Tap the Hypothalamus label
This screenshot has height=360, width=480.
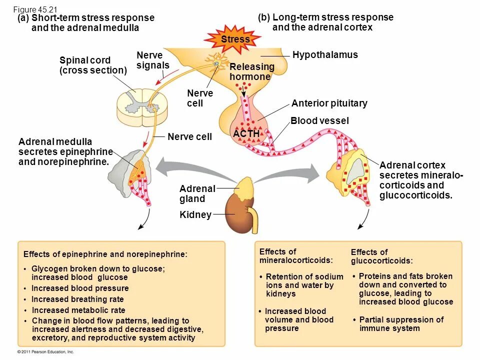[325, 55]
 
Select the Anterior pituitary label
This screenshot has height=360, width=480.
[329, 103]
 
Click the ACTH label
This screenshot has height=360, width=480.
[246, 134]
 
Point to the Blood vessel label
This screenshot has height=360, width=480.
[319, 121]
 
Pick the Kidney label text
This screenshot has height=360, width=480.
[195, 215]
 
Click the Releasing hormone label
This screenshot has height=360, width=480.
[252, 72]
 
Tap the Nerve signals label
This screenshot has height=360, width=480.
[153, 60]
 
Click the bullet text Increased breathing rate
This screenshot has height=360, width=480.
[77, 299]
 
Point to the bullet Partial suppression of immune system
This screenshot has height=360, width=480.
[401, 324]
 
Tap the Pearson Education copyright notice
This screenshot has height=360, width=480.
[46, 352]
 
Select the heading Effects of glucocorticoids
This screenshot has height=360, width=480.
[381, 256]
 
